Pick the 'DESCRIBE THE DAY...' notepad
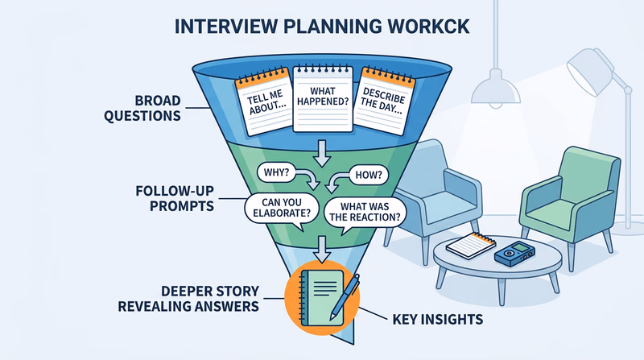pos(380,103)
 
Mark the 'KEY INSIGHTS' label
pos(438,320)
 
